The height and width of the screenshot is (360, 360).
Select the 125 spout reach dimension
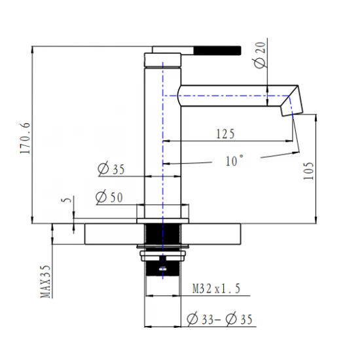(225, 134)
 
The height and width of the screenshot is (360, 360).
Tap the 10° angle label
(233, 160)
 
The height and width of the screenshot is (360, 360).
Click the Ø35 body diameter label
(111, 169)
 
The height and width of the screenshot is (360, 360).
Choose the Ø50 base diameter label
(110, 196)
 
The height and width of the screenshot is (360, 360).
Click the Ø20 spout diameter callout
(258, 54)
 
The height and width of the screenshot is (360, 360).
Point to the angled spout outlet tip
(288, 105)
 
